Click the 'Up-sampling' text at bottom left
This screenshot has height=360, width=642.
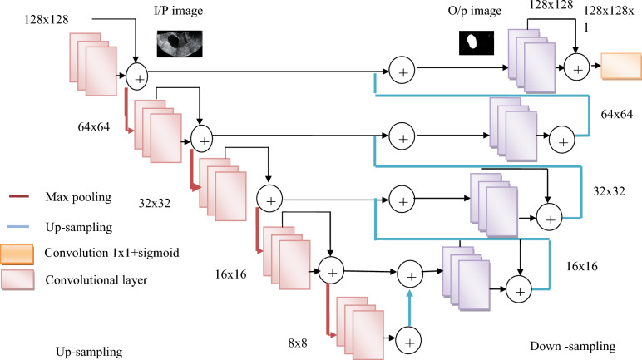[89, 351]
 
